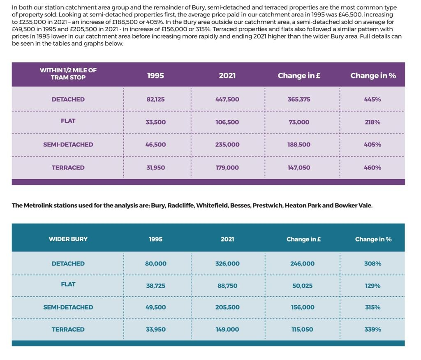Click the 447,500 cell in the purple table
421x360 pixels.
(227, 99)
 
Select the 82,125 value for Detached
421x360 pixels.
(155, 99)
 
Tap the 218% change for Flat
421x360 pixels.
(372, 122)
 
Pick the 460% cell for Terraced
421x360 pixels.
(372, 168)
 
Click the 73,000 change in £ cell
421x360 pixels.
(299, 122)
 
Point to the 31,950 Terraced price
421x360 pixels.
(155, 168)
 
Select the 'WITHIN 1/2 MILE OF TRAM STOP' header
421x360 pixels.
(68, 74)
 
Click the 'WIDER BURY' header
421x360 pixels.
(68, 239)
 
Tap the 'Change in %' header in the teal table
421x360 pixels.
(373, 239)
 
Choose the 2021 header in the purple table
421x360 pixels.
(227, 76)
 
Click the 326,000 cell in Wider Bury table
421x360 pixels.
(227, 263)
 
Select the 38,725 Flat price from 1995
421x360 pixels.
(156, 286)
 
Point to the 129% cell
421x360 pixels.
(372, 286)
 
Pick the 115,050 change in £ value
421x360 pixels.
(302, 330)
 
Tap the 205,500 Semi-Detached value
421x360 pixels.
(227, 307)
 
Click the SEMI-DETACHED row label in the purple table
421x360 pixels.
(68, 144)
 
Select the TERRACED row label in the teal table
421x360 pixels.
(68, 330)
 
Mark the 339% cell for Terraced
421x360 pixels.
(372, 330)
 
